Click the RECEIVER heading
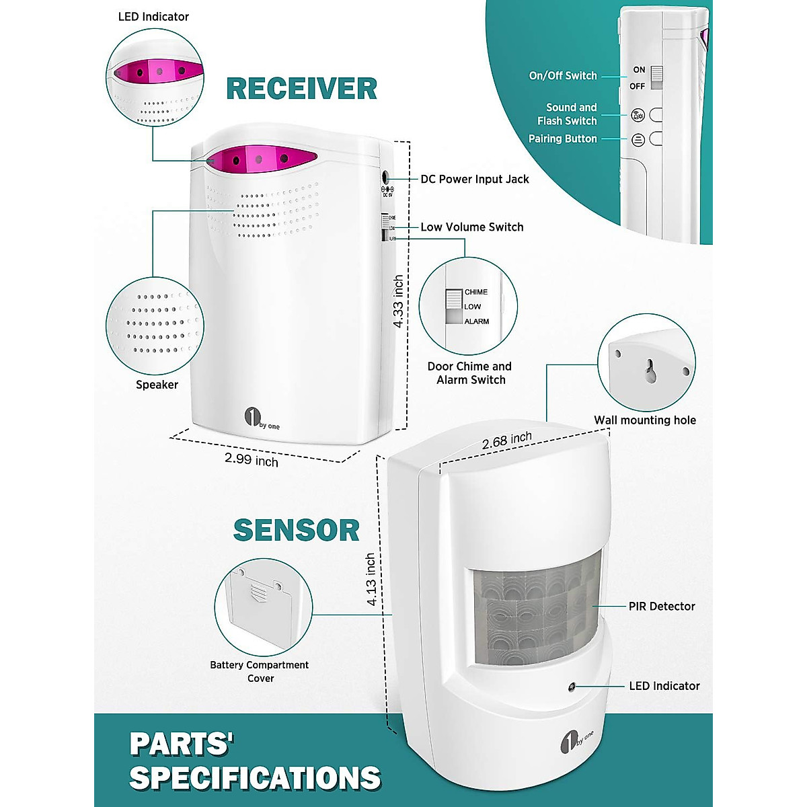[301, 89]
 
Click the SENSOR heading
[296, 530]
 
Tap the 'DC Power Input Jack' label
[475, 179]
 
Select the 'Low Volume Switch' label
[472, 227]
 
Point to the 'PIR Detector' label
[662, 606]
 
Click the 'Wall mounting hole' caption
[645, 420]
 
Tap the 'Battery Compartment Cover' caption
[260, 671]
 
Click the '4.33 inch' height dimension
[399, 301]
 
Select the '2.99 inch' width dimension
[252, 460]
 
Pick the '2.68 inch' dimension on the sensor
[507, 441]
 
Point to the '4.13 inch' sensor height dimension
[371, 580]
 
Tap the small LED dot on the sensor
[571, 687]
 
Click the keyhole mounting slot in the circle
[650, 370]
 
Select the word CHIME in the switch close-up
[476, 292]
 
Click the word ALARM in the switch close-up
[477, 321]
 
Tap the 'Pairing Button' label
[563, 139]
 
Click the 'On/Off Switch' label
[563, 76]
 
